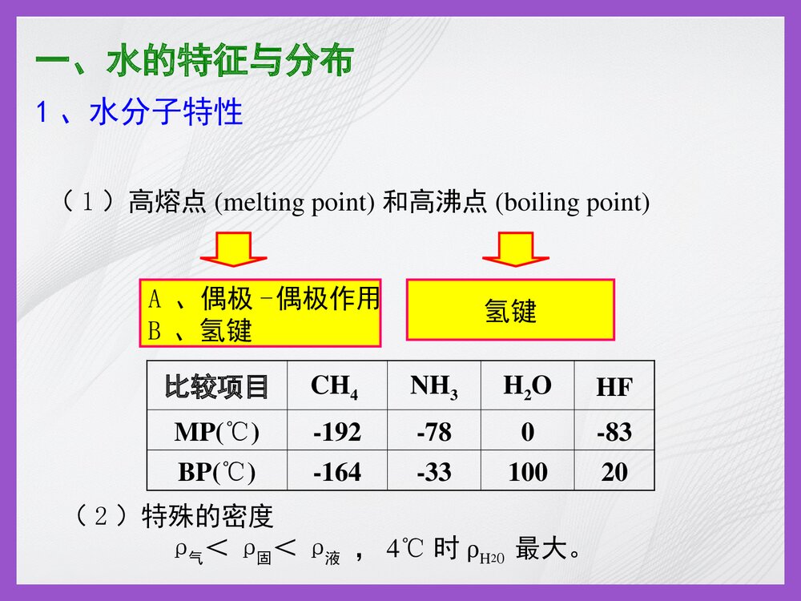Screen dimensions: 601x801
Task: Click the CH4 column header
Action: coord(335,386)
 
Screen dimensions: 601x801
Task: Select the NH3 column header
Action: coord(433,386)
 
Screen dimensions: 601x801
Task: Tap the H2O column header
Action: coord(527,386)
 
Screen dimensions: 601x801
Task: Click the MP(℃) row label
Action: coord(217,433)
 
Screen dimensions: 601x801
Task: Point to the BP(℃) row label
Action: coord(217,472)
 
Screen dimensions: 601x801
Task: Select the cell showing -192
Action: coord(336,433)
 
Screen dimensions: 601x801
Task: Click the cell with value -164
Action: coord(336,472)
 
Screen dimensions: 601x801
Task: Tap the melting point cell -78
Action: coord(433,433)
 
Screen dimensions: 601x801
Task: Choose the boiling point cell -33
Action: coord(433,472)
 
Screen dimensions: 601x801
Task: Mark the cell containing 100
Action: coord(528,472)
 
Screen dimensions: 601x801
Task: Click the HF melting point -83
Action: coord(614,433)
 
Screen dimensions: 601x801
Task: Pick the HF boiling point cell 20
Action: coord(614,472)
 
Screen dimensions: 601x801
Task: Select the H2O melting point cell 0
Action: coord(527,433)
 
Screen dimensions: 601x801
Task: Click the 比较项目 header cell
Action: coord(216,386)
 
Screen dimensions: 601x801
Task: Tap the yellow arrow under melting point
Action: coord(234,249)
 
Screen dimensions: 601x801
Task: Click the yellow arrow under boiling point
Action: coord(515,249)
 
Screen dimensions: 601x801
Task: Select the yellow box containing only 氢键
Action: coord(510,310)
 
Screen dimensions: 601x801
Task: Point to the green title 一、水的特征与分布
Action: coord(195,62)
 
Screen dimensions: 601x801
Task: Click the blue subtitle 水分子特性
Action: coord(164,113)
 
